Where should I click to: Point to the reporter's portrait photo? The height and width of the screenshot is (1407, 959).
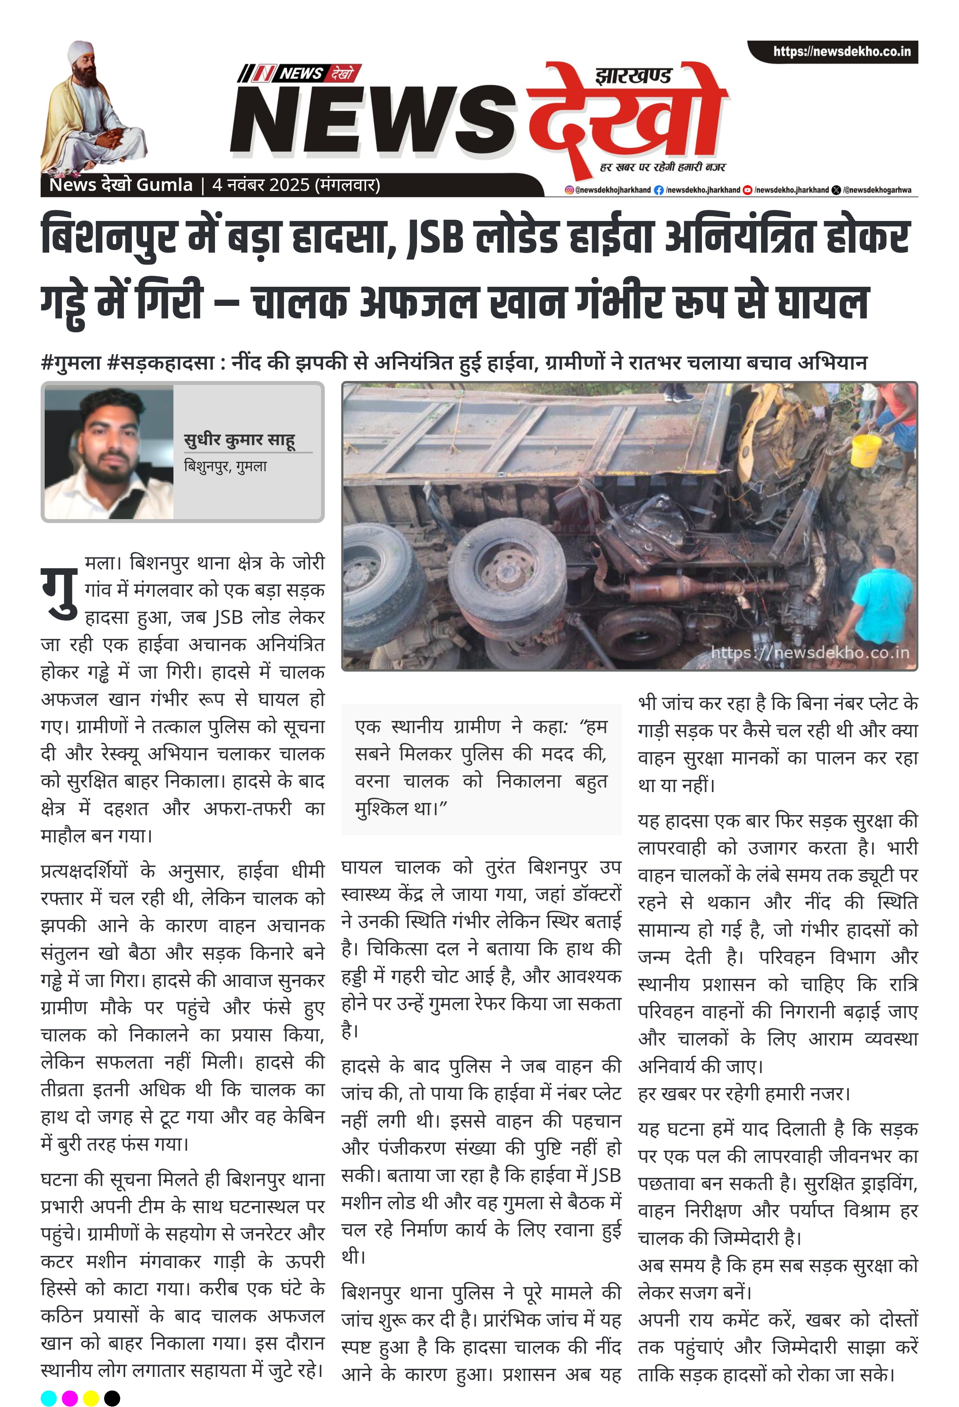109,453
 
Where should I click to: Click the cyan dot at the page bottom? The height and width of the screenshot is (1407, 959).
48,1398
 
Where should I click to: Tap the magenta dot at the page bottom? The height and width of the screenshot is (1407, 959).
69,1398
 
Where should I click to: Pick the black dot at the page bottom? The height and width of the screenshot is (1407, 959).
112,1398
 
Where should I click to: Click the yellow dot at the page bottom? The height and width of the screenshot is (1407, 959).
91,1398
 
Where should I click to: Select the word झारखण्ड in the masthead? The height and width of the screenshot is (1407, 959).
633,76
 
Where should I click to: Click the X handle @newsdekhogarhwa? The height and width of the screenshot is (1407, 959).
877,190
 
